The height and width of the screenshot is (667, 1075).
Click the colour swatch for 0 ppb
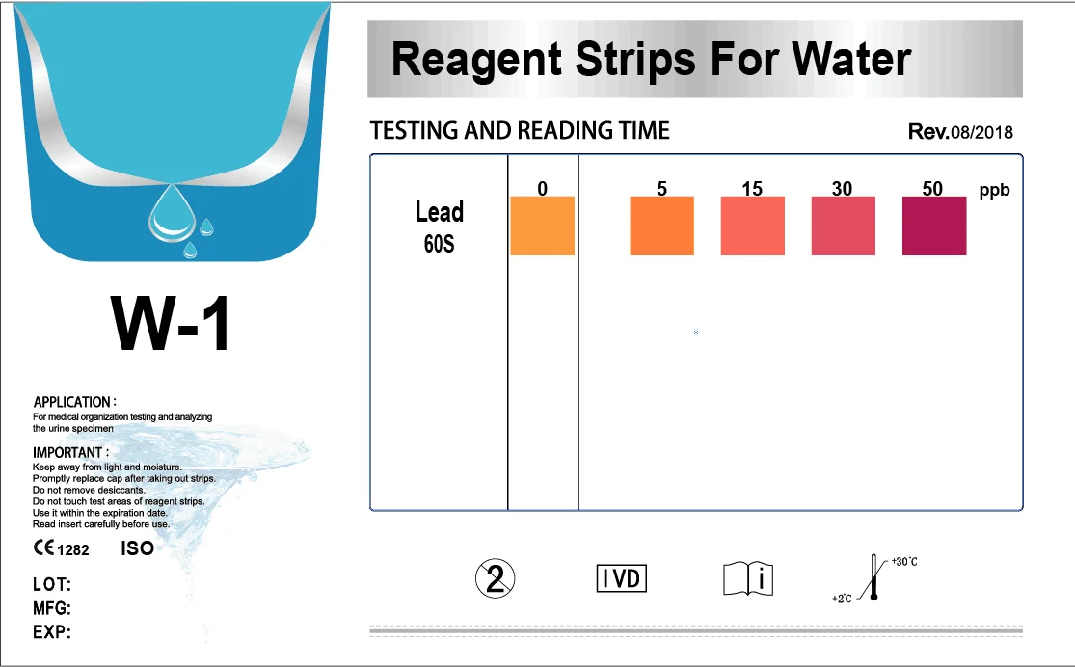[542, 226]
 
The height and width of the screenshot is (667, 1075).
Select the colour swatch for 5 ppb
[661, 226]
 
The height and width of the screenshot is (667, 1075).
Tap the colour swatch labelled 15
[753, 226]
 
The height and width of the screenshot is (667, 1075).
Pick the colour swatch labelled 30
[843, 226]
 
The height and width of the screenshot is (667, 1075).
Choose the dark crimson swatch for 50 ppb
[933, 226]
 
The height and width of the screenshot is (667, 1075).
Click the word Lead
[440, 212]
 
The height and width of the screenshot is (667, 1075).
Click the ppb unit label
[994, 191]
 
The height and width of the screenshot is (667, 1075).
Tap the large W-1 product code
[172, 325]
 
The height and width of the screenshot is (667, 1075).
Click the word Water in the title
[850, 60]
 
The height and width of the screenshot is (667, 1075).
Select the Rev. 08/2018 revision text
[960, 132]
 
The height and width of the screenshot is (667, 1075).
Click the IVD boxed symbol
[622, 578]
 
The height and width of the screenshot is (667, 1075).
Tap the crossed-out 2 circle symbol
[496, 578]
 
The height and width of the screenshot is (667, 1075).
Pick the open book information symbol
[748, 578]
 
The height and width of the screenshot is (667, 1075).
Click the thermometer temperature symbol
[873, 578]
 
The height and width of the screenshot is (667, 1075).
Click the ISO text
[137, 548]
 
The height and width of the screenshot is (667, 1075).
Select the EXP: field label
[52, 633]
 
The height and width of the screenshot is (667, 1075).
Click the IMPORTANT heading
[70, 452]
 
